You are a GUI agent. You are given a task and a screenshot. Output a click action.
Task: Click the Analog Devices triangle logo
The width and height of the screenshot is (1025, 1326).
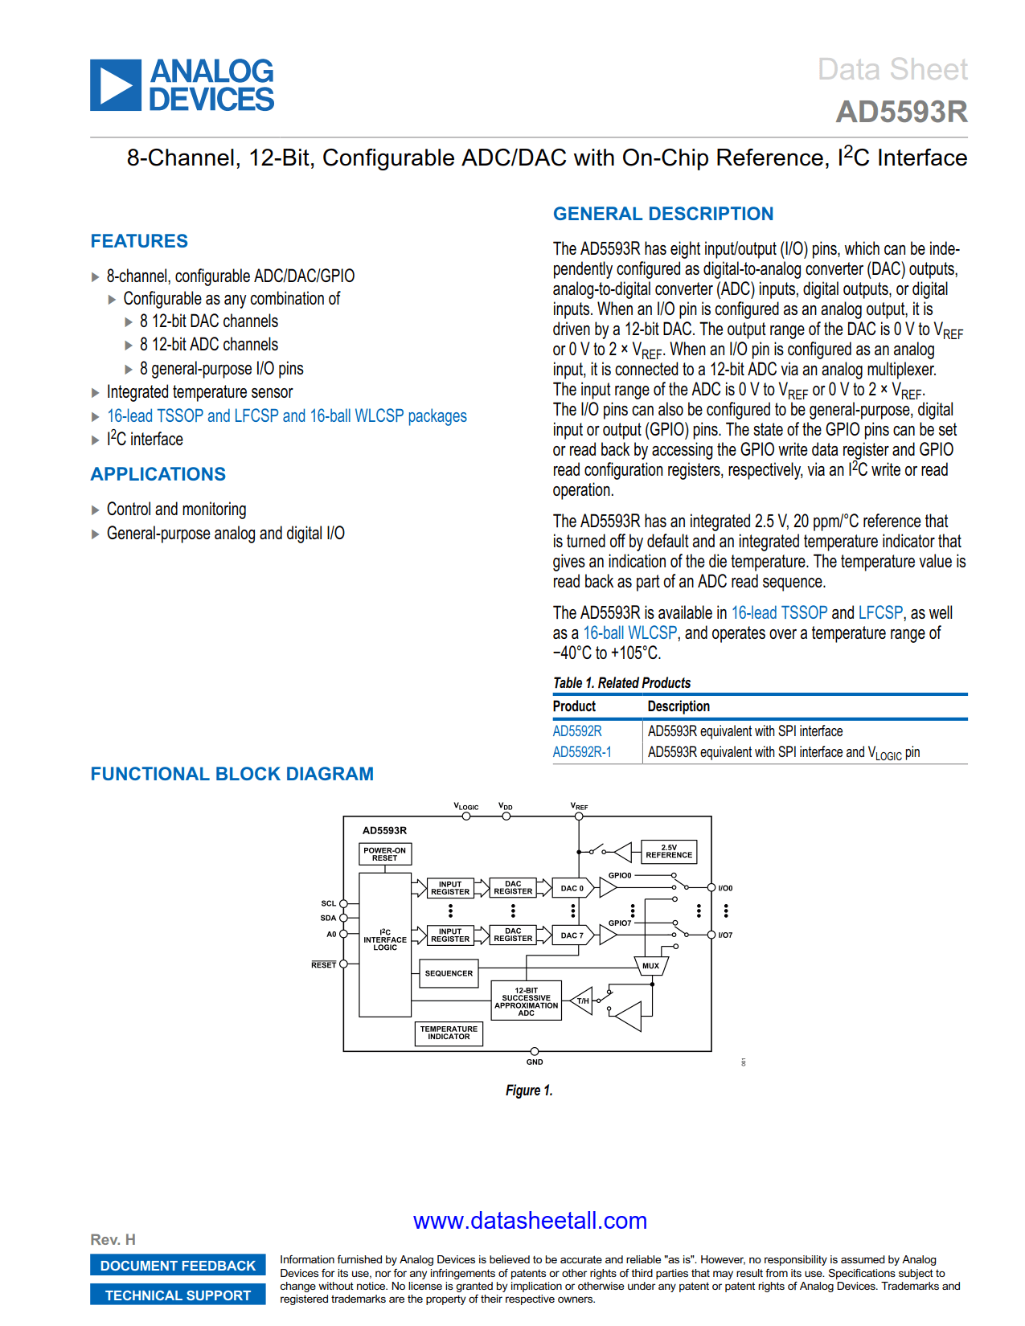coord(116,85)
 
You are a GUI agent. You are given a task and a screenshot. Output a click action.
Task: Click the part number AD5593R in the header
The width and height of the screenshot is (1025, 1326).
coord(901,112)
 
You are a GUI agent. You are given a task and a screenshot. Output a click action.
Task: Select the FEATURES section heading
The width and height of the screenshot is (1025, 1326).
coord(139,241)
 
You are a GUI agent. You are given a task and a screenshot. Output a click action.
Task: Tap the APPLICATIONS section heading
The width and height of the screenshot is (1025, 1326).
coord(158,474)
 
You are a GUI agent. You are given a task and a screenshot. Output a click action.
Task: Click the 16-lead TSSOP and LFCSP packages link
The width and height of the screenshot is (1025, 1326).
coord(287,416)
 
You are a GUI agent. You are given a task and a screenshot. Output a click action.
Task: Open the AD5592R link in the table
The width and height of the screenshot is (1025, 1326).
coord(577,731)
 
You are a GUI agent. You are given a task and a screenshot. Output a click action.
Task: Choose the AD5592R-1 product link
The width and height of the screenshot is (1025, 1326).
coord(582,752)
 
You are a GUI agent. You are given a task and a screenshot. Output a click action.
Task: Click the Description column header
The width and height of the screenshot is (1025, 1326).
coord(679,706)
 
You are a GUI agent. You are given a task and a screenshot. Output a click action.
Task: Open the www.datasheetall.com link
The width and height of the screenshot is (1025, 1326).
coord(530,1221)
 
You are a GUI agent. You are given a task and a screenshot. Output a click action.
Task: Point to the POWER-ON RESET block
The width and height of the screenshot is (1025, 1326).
coord(384,854)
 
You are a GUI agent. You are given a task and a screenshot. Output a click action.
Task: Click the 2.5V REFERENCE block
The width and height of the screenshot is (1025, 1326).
coord(669,852)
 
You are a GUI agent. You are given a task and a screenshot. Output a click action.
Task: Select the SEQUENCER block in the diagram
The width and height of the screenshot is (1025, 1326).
coord(449,973)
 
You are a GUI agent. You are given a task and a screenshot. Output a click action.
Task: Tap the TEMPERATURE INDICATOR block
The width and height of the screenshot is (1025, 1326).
coord(449,1033)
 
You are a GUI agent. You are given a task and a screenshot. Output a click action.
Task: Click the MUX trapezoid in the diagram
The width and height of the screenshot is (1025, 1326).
coord(650,966)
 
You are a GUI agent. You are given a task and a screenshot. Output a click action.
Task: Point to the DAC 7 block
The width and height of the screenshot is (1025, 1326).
coord(572,935)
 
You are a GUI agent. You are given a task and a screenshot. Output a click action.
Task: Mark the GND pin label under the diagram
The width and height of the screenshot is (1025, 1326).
coord(535,1062)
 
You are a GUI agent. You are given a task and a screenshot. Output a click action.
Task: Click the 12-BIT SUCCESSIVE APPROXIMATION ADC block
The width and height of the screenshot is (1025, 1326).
coord(527,1002)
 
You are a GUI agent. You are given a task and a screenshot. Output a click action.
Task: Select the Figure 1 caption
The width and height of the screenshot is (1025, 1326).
coord(529,1091)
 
